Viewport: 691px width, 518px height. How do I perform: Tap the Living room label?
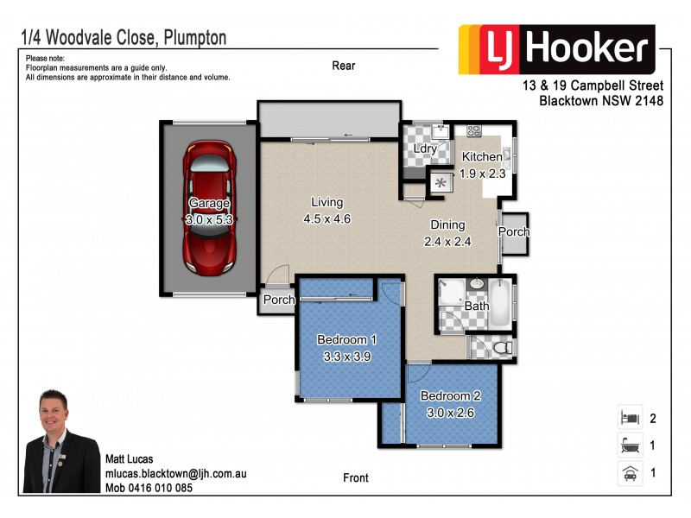click(326, 203)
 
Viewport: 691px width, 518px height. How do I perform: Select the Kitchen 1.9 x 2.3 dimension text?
click(481, 174)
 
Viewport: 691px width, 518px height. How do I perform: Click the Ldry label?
click(425, 148)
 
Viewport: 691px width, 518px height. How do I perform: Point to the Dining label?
click(447, 225)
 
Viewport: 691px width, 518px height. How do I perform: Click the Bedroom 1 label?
click(346, 338)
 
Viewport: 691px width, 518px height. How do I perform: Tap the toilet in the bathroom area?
click(500, 347)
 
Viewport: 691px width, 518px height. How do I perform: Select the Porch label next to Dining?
click(514, 232)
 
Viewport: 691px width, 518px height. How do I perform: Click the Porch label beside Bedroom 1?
click(279, 300)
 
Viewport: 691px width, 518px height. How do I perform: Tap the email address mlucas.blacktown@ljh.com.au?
click(176, 474)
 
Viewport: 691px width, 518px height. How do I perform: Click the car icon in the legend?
click(629, 473)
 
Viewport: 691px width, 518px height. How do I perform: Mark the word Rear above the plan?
click(343, 66)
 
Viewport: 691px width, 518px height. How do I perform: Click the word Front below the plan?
click(355, 477)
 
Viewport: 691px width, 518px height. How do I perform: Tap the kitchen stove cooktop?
click(473, 131)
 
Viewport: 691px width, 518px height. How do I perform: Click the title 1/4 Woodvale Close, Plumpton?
click(123, 37)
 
